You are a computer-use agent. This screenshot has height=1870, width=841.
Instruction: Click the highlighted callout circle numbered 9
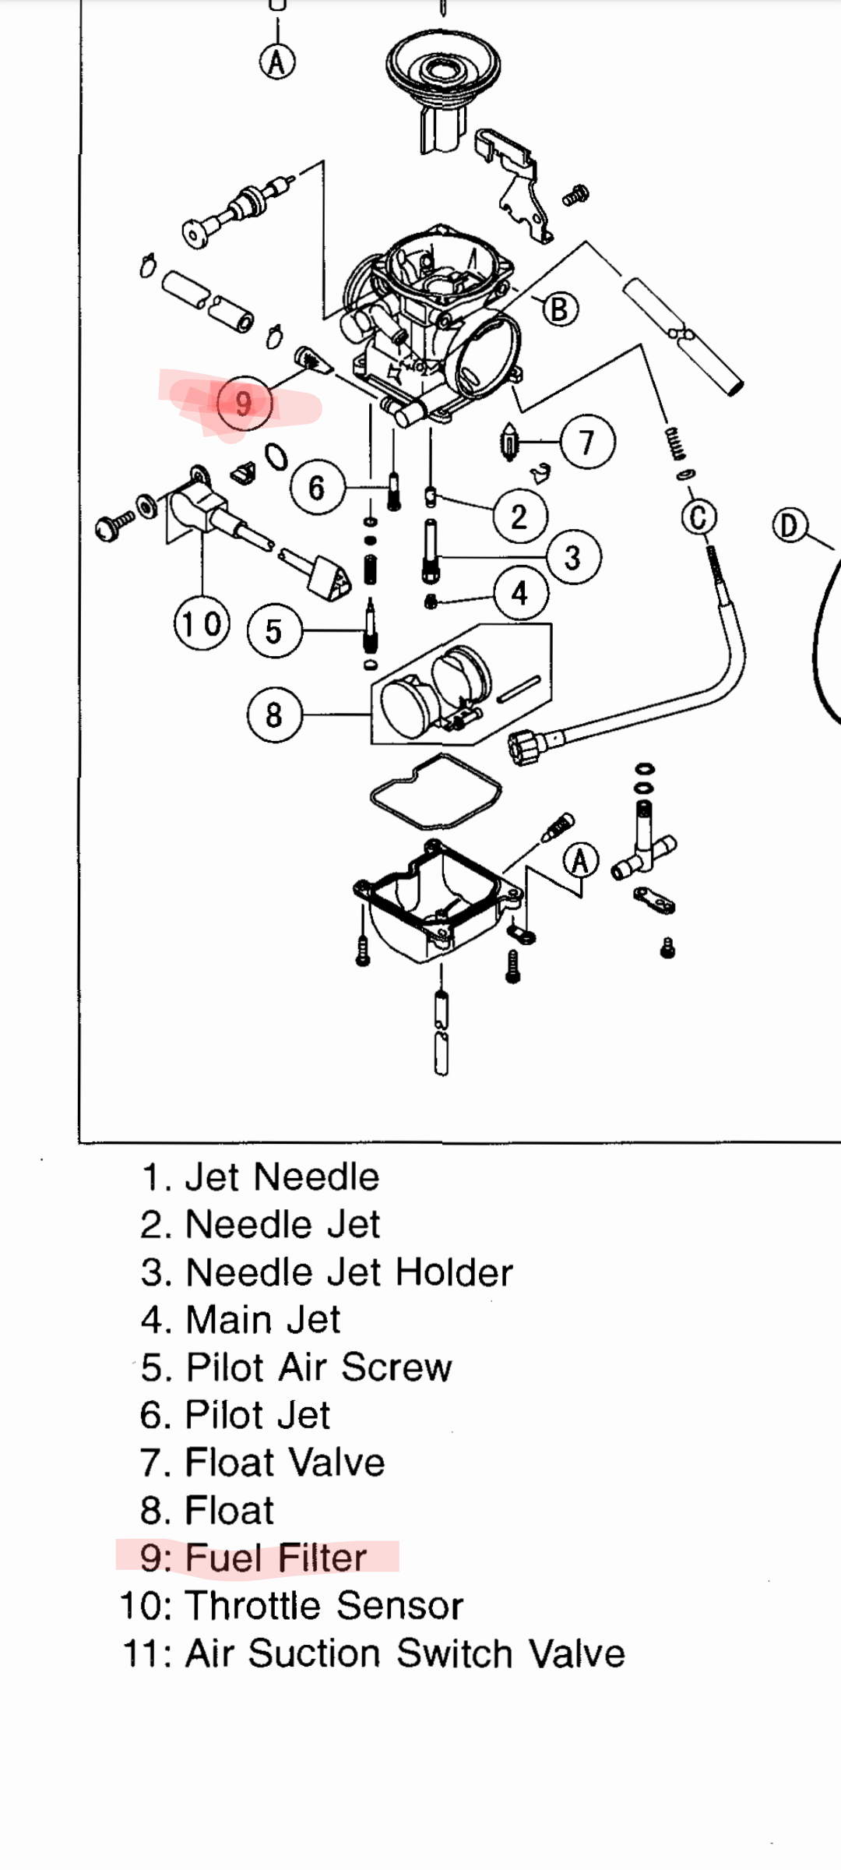244,404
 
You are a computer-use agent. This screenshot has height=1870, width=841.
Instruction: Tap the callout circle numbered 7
587,443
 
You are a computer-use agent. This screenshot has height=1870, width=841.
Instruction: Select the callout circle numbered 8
273,714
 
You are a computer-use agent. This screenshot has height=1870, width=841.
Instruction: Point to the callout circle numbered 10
202,624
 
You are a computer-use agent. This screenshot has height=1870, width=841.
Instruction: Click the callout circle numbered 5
273,630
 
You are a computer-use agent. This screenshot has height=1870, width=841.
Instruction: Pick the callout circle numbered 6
316,488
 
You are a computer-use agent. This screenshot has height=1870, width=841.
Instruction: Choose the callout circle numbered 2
519,517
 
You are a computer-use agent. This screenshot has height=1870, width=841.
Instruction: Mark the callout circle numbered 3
573,557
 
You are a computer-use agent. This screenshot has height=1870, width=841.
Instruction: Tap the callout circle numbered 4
520,594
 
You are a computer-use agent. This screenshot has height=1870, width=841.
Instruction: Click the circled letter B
560,309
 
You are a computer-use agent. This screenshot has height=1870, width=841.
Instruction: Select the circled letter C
699,517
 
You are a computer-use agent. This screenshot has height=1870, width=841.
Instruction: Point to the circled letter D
790,526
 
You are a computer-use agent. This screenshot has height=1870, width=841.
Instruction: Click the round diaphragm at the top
442,69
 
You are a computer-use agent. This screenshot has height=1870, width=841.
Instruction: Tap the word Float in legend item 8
230,1511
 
